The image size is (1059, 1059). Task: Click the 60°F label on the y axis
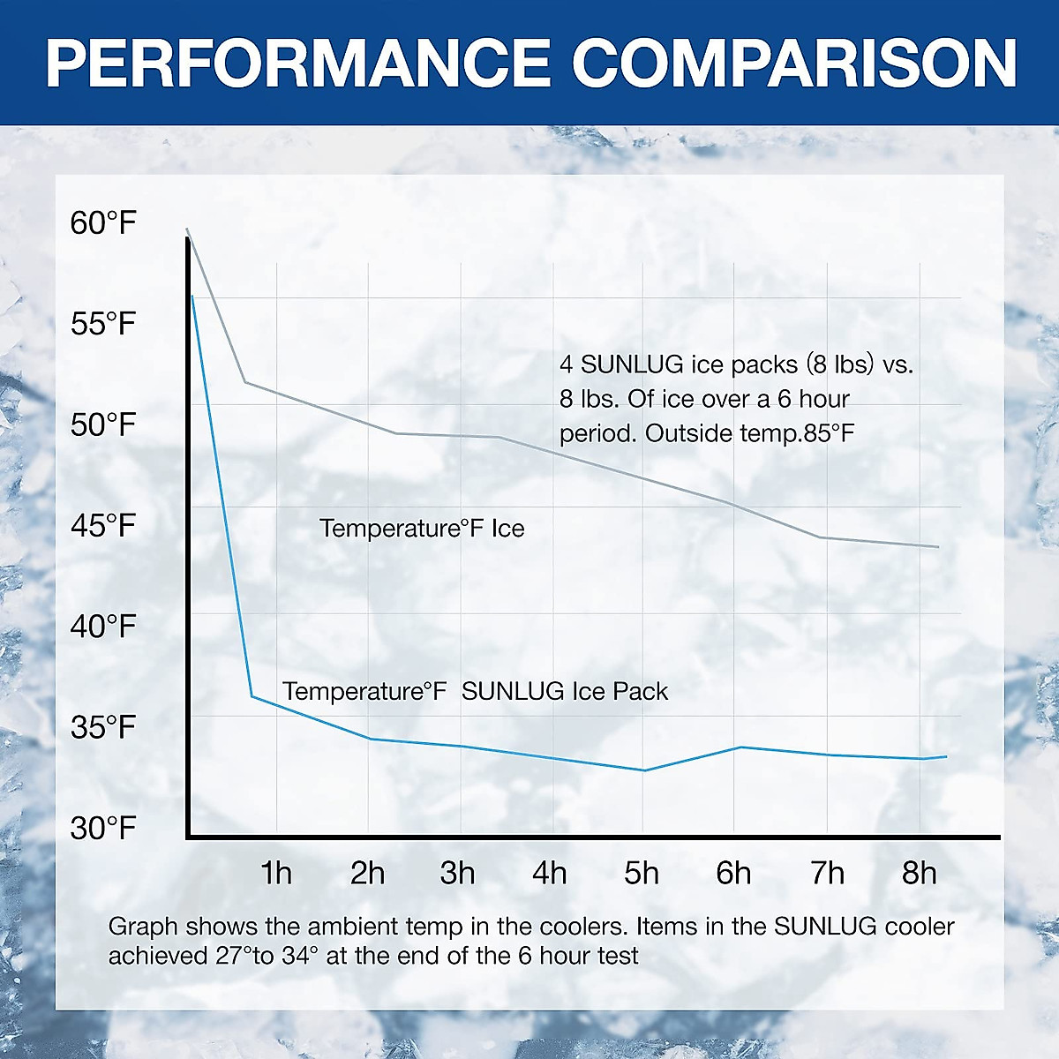pyautogui.click(x=103, y=222)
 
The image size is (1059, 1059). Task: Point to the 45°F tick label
pyautogui.click(x=103, y=526)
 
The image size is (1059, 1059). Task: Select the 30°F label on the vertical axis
pyautogui.click(x=103, y=829)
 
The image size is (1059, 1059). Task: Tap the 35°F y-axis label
pyautogui.click(x=103, y=728)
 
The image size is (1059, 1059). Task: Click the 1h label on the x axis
pyautogui.click(x=276, y=873)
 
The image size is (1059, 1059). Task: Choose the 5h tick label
pyautogui.click(x=642, y=873)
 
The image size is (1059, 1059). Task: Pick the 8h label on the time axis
pyautogui.click(x=919, y=873)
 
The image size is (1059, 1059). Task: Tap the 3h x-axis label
pyautogui.click(x=458, y=873)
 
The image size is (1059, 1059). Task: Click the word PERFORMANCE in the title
pyautogui.click(x=297, y=63)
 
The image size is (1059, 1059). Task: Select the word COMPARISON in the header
pyautogui.click(x=794, y=63)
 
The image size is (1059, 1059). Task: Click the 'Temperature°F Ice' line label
pyautogui.click(x=422, y=529)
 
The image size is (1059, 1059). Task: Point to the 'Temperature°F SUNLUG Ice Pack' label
pyautogui.click(x=475, y=691)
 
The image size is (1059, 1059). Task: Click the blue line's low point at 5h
pyautogui.click(x=644, y=770)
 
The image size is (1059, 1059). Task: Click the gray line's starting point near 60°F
pyautogui.click(x=187, y=230)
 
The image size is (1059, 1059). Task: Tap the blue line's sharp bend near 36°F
pyautogui.click(x=252, y=696)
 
